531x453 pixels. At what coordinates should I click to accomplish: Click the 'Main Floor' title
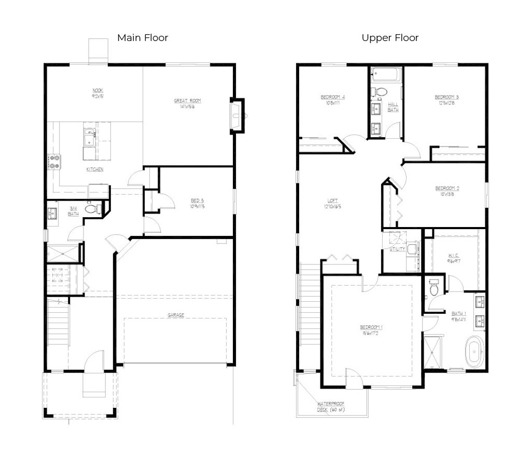(143, 37)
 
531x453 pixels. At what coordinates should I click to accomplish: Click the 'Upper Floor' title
(390, 37)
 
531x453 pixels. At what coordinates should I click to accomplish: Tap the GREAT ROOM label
(187, 101)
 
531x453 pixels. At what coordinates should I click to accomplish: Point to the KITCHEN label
(94, 169)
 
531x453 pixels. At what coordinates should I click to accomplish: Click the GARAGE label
(175, 314)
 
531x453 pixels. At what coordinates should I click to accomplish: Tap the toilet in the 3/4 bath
(92, 209)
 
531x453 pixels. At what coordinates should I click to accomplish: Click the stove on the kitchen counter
(54, 162)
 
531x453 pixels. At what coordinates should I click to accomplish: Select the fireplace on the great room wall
(237, 115)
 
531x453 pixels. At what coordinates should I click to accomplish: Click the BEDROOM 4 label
(332, 97)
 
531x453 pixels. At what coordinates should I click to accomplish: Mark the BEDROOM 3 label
(446, 97)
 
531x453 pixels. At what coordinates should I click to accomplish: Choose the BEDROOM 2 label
(447, 189)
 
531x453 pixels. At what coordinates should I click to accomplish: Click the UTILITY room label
(397, 249)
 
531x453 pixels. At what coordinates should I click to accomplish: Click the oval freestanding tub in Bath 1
(473, 352)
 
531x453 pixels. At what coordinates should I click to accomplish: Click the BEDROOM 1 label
(371, 327)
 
